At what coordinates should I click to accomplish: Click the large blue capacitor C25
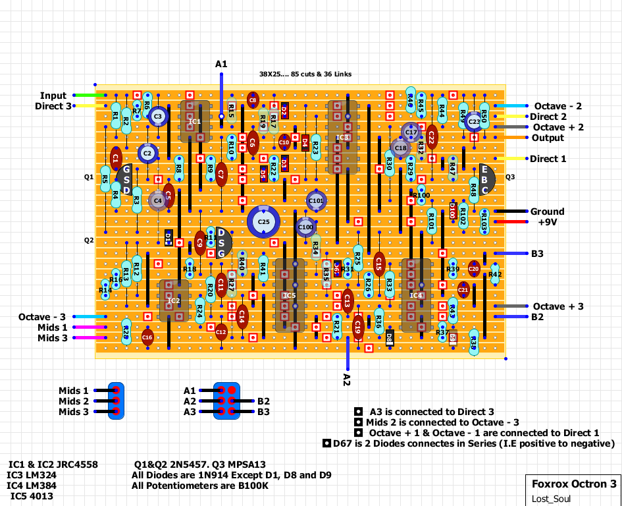(263, 222)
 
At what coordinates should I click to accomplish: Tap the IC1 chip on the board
(195, 121)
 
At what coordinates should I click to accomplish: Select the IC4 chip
(416, 295)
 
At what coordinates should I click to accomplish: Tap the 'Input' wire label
(53, 96)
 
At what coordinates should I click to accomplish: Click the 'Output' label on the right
(548, 138)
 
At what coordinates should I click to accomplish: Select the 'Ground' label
(548, 211)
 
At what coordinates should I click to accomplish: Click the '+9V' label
(548, 222)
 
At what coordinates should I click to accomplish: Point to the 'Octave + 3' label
(558, 306)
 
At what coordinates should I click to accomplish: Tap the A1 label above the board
(221, 64)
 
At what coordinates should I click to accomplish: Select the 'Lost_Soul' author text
(551, 499)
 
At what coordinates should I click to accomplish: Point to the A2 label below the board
(348, 378)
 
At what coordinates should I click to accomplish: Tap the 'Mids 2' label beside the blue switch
(73, 401)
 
